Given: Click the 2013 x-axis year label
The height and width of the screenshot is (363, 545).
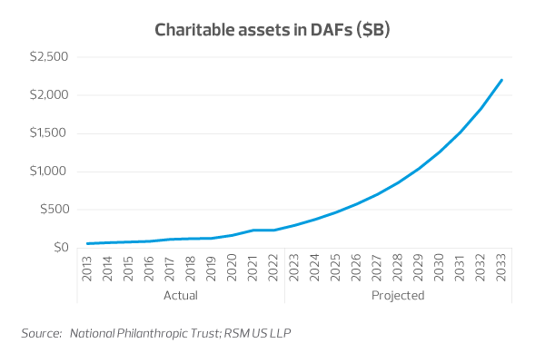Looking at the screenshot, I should coord(87,270).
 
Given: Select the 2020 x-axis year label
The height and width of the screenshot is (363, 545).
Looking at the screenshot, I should coord(233,270).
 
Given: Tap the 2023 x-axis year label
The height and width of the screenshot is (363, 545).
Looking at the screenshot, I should coord(294,270).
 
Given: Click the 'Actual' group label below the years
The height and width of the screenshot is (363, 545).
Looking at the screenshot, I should coord(180,296).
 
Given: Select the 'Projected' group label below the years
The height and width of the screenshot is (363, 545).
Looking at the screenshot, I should coord(398,296).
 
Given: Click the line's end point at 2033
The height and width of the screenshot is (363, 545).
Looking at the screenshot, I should coord(501,80).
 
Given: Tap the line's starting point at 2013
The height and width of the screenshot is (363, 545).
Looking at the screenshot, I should coord(87,243).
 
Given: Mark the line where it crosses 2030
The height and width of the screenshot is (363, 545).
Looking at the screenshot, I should coord(440,152).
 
